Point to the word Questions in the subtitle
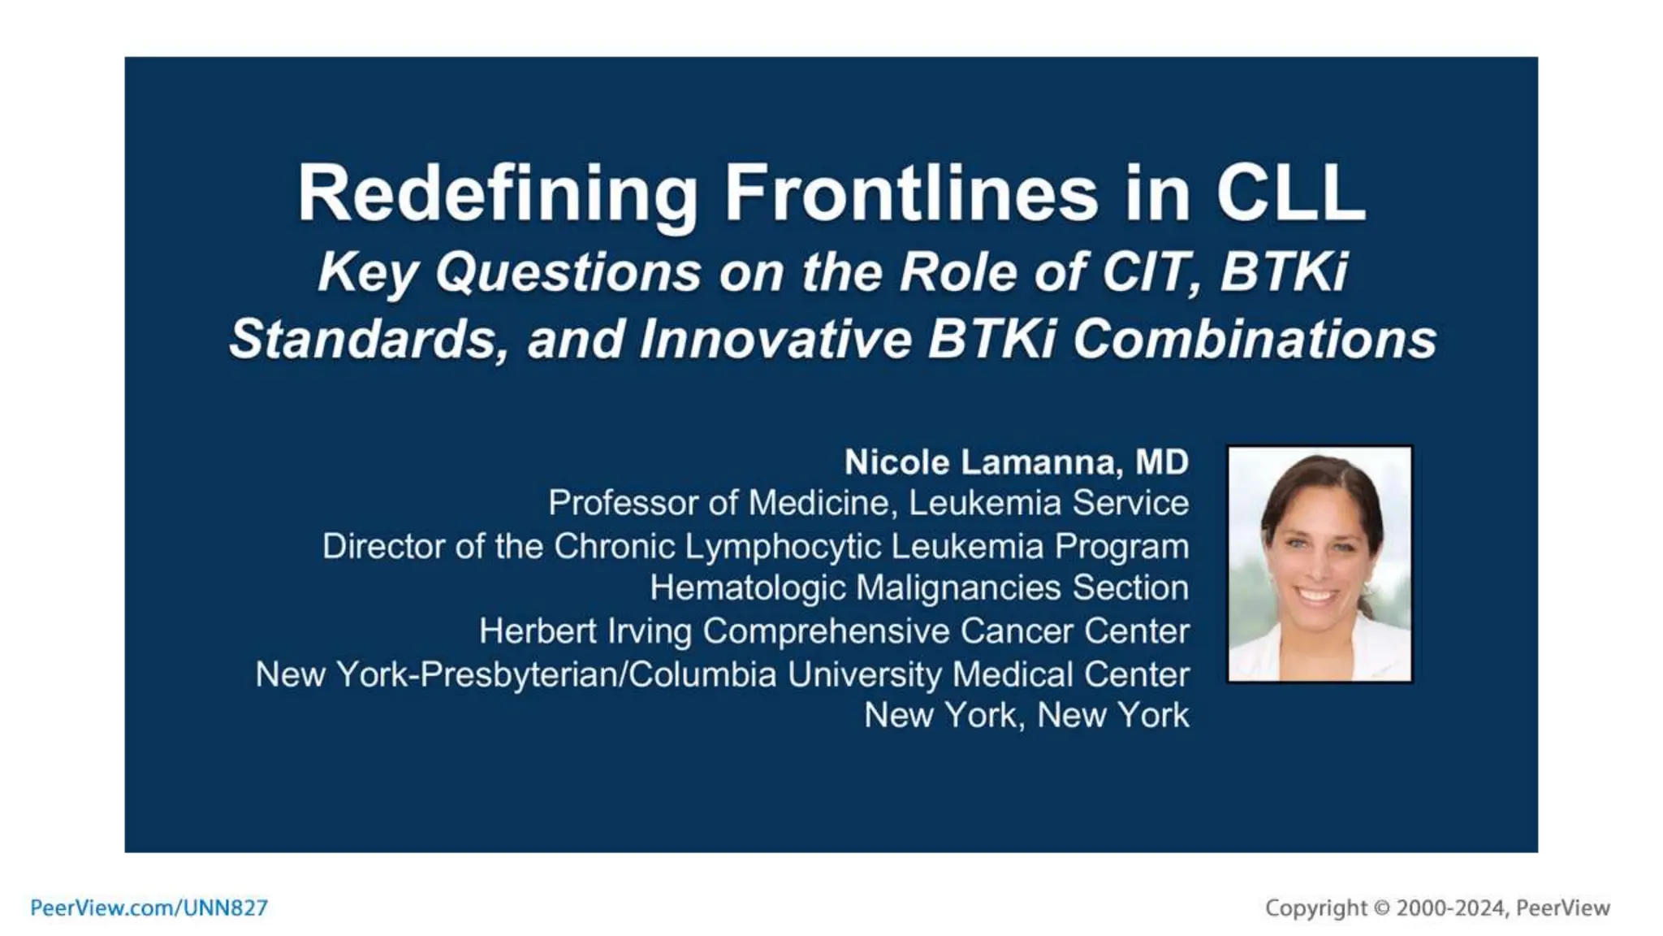click(568, 271)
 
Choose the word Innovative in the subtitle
click(775, 340)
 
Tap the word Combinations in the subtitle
click(1255, 340)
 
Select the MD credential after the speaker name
click(1162, 462)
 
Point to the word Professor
click(621, 503)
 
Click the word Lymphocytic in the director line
click(783, 547)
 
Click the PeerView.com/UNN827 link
click(149, 908)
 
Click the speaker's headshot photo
click(1320, 564)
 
